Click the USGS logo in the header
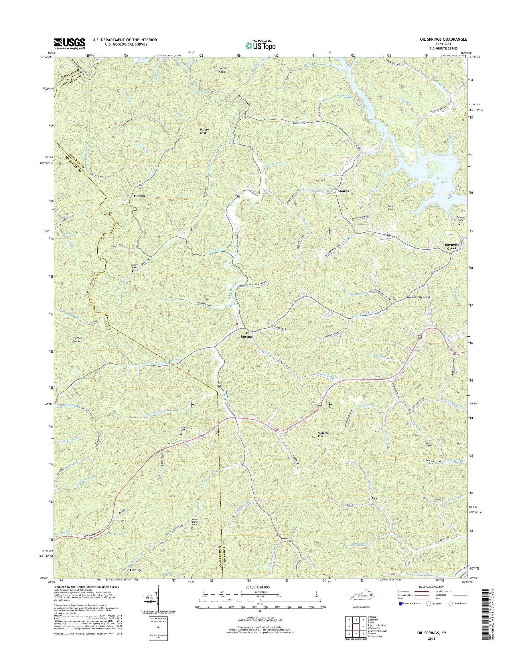70,44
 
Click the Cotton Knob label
76,339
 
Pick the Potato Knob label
204,131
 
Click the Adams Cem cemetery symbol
180,433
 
